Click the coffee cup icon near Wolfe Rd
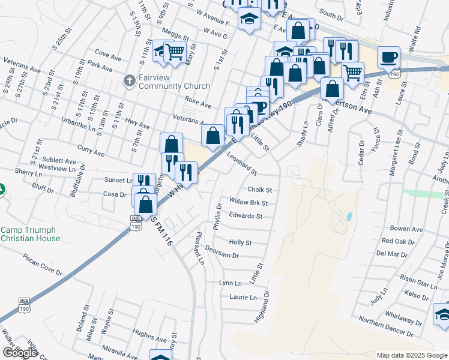coord(389,58)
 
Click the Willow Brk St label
coord(248,203)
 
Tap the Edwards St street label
coord(246,216)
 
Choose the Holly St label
coord(240,242)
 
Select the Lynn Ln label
coord(231,283)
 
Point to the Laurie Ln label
coord(243,297)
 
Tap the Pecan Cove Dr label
coord(43,265)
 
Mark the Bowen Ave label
coord(406,229)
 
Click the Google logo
coord(20,353)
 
